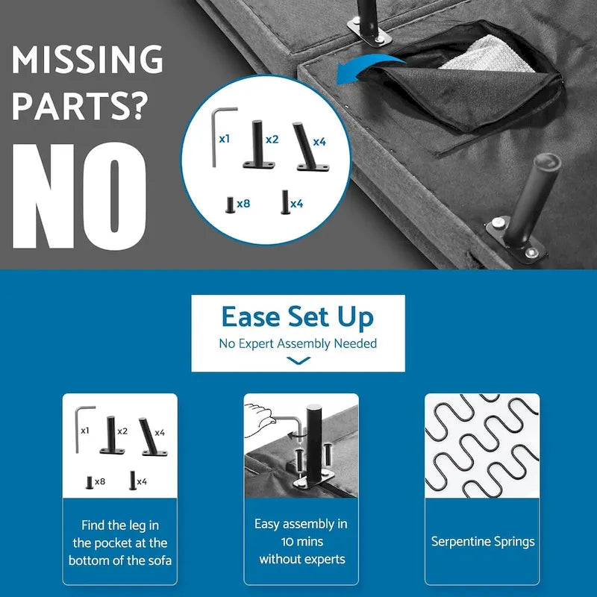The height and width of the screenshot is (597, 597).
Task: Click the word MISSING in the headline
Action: pos(87,59)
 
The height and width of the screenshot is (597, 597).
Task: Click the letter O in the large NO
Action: pos(114,196)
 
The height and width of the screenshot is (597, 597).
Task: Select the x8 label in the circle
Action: pos(243,204)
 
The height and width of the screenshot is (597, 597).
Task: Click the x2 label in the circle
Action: pos(272,140)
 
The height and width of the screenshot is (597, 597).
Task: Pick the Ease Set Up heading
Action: pos(298,317)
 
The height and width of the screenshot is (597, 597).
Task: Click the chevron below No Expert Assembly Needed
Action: pos(298,360)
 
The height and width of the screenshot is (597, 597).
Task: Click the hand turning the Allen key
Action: pos(259,419)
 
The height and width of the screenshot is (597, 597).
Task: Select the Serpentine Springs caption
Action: pos(482,542)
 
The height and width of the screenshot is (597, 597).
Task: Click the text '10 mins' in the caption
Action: pos(302,542)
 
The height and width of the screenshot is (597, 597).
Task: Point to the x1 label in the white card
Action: pos(85,431)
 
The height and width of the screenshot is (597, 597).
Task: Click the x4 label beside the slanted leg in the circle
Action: pos(319,142)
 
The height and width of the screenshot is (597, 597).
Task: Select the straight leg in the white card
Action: pos(111,435)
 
